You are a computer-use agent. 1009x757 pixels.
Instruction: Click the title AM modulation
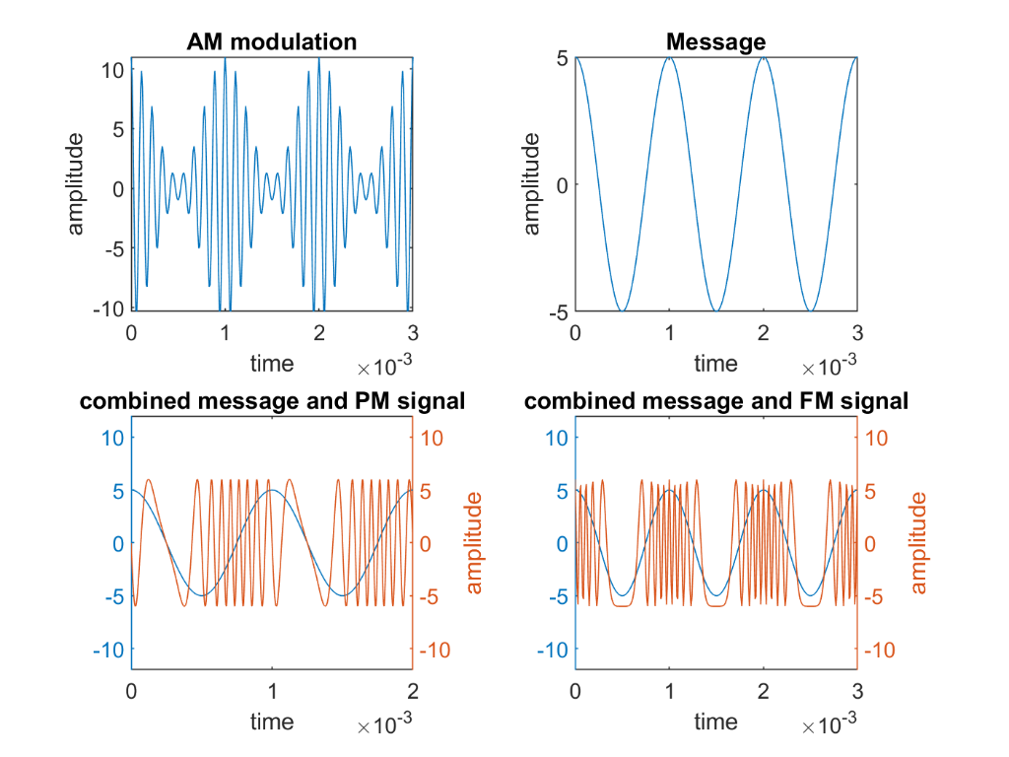[272, 41]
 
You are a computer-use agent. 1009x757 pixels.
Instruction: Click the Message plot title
[716, 41]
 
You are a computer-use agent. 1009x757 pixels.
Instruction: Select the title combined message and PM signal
[272, 401]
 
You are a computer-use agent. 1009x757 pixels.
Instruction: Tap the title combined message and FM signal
[716, 401]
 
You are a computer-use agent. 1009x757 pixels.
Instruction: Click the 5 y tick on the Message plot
[561, 58]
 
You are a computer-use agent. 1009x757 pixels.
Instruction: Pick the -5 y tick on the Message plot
[557, 312]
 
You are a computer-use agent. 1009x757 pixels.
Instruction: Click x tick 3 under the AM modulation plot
[413, 332]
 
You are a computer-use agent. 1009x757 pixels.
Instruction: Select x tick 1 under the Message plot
[669, 332]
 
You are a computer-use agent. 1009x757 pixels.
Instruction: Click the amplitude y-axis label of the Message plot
[532, 184]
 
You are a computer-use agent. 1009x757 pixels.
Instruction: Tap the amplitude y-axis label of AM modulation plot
[76, 184]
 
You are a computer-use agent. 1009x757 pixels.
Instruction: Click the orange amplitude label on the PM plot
[474, 543]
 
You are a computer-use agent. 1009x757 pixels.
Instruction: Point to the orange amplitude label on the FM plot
[919, 543]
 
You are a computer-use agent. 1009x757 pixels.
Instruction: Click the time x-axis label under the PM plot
[272, 722]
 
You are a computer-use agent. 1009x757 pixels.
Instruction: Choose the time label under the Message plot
[715, 363]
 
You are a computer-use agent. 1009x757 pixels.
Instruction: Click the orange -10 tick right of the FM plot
[880, 651]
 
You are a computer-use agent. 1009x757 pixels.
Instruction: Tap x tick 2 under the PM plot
[413, 691]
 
